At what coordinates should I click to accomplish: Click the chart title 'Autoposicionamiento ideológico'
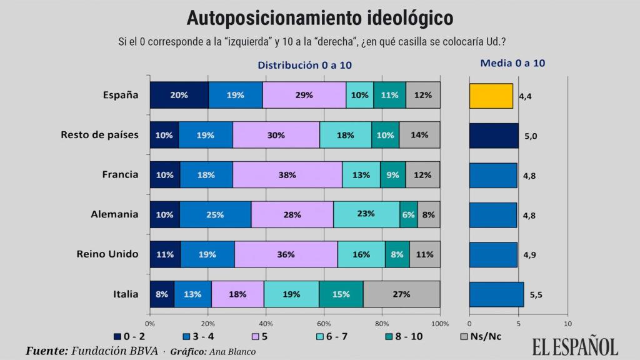click(320, 17)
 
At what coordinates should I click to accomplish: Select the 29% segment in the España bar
click(304, 95)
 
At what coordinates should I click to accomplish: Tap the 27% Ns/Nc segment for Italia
click(401, 294)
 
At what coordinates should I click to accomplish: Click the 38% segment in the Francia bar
click(287, 174)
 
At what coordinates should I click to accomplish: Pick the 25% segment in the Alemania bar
click(216, 214)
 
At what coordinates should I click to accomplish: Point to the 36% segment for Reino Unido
click(286, 254)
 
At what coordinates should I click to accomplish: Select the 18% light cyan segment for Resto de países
click(345, 135)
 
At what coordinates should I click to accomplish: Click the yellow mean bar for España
click(491, 96)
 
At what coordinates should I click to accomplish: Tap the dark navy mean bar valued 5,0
click(493, 135)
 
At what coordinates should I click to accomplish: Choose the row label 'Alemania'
click(114, 214)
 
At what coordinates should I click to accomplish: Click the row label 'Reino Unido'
click(107, 254)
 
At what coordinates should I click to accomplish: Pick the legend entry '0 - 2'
click(132, 336)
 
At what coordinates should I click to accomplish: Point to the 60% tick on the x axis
click(324, 324)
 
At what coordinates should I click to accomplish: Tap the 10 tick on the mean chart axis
click(567, 324)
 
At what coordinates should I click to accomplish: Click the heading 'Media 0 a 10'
click(512, 63)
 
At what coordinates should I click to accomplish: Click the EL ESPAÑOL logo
click(574, 346)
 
